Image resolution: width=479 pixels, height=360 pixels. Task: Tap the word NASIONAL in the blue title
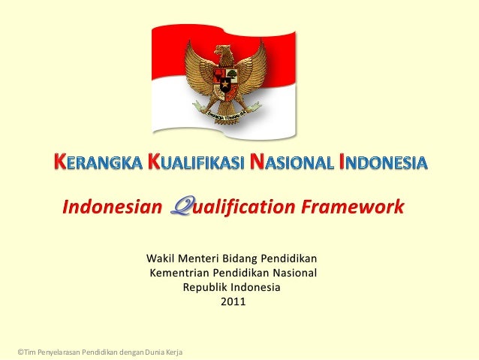[292, 162]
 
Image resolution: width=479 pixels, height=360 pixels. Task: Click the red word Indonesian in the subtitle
[112, 207]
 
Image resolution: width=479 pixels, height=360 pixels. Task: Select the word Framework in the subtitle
[357, 207]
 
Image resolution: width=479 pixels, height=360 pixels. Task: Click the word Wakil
[160, 259]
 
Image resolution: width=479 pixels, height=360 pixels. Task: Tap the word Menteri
[197, 259]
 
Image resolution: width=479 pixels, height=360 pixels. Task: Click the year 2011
[232, 302]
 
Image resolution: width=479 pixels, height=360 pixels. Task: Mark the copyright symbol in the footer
[20, 352]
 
